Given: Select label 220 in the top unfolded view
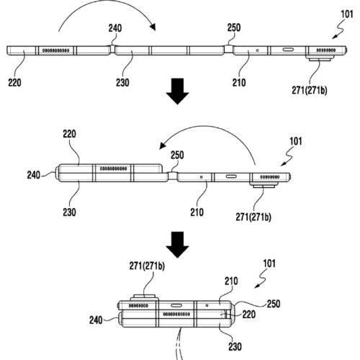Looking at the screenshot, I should (x=15, y=82).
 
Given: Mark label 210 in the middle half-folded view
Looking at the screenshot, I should (x=198, y=213).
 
